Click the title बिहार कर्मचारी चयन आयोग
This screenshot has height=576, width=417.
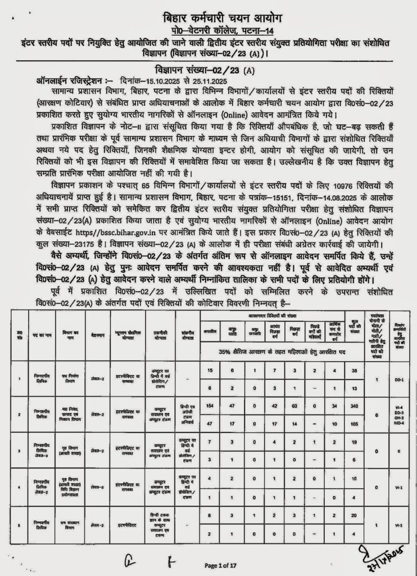click(x=209, y=17)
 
